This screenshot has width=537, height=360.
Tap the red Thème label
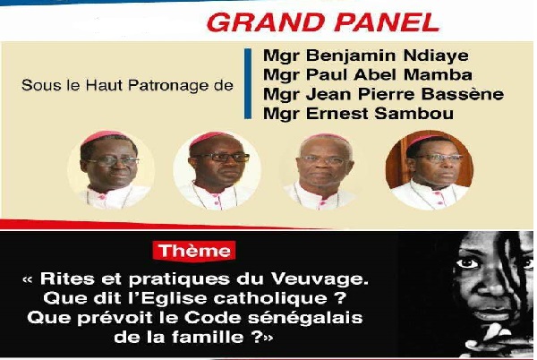click(194, 250)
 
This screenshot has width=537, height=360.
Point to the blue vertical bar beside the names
click(248, 86)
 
